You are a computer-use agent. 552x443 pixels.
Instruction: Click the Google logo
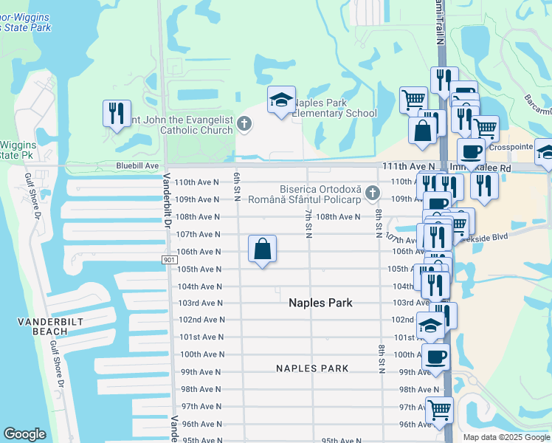[24, 434]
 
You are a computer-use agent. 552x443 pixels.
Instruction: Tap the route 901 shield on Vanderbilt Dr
[168, 260]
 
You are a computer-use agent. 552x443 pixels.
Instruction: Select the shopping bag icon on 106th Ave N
[262, 250]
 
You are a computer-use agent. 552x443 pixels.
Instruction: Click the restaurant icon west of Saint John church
[117, 114]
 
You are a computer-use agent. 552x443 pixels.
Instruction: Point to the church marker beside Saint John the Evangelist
[245, 125]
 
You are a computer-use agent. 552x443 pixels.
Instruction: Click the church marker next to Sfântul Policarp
[373, 193]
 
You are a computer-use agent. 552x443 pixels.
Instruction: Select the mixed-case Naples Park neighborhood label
[320, 303]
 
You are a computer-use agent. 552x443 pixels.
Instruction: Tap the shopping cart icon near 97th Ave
[439, 408]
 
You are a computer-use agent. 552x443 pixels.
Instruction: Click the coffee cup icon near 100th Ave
[435, 357]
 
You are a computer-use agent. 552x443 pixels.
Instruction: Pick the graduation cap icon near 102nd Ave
[431, 324]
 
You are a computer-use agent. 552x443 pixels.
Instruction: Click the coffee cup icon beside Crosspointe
[471, 151]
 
